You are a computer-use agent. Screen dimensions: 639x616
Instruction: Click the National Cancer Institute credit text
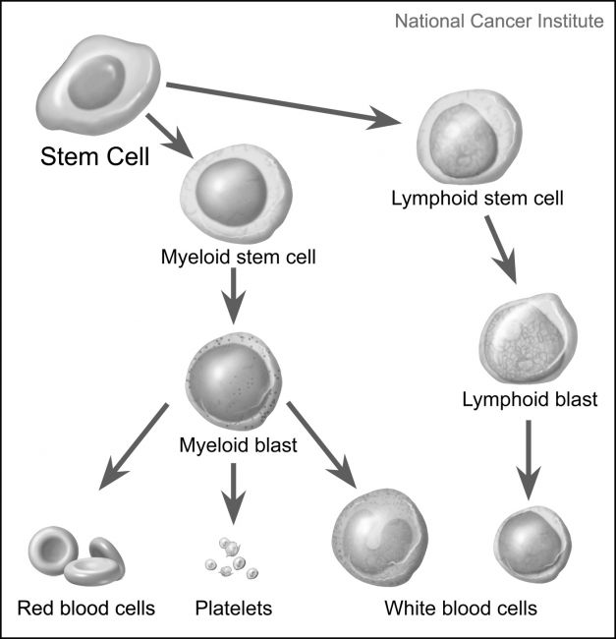[x=498, y=20]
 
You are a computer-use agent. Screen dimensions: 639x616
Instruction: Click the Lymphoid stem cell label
[x=477, y=197]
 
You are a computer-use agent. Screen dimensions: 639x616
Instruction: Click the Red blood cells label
[x=86, y=608]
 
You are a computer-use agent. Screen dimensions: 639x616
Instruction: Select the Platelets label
[x=233, y=608]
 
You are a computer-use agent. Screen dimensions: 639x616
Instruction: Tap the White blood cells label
[x=462, y=608]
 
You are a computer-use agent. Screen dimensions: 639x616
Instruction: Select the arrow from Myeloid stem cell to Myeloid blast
[x=233, y=299]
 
